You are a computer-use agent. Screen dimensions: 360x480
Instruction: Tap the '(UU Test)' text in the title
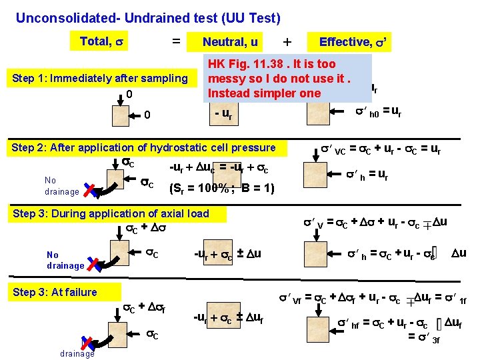tap(248, 18)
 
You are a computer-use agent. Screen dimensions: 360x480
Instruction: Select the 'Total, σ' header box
tap(99, 41)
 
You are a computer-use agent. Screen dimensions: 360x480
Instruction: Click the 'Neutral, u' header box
tap(230, 42)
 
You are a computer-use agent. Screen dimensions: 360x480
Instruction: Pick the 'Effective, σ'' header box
tap(353, 42)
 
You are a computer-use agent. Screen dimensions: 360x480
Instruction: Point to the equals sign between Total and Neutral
tap(176, 41)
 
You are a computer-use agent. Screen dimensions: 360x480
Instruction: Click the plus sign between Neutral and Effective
tap(287, 42)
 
